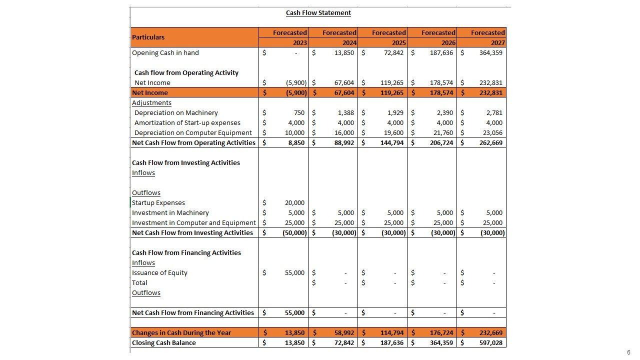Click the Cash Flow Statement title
(318, 13)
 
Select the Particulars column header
(148, 37)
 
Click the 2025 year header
(398, 43)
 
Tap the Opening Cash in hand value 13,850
(344, 53)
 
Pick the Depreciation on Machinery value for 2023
(298, 113)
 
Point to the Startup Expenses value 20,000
(294, 203)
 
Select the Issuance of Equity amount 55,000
(294, 273)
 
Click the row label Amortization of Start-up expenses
(187, 123)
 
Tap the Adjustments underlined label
(151, 103)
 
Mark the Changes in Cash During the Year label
(181, 333)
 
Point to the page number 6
(628, 352)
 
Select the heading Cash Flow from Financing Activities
(186, 253)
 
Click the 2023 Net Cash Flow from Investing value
(294, 233)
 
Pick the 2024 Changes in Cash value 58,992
(344, 333)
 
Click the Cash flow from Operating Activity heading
(186, 73)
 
